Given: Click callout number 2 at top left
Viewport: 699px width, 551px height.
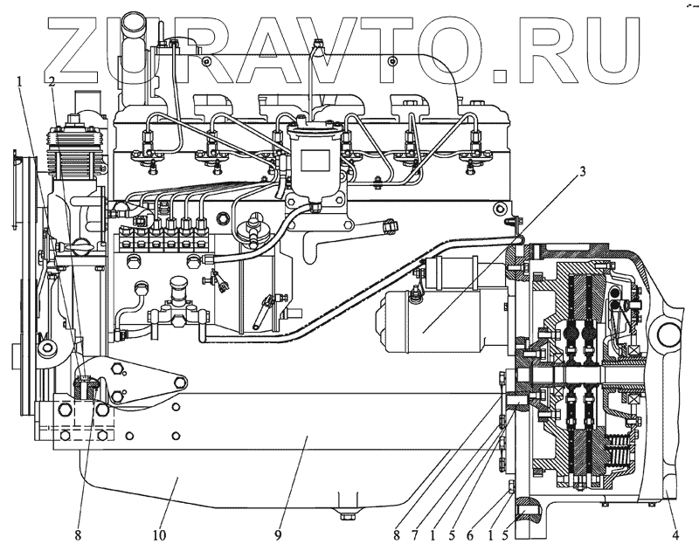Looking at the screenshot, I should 52,82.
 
